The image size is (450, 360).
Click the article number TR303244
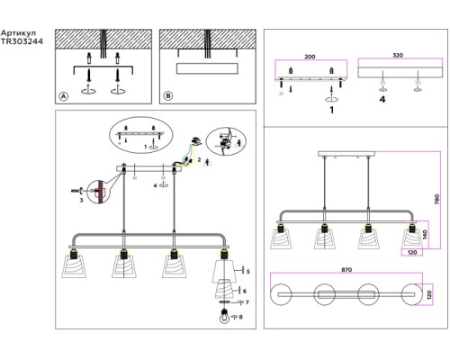[22, 41]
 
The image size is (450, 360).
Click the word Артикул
[19, 33]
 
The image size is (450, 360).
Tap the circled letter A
[63, 96]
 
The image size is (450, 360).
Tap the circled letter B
[168, 96]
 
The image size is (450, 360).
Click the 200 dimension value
[310, 57]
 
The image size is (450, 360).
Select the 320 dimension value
[398, 55]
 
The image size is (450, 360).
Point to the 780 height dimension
[436, 200]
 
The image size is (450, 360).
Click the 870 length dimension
[346, 270]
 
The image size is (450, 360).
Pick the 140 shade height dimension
[425, 235]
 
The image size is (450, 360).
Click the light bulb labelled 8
[224, 317]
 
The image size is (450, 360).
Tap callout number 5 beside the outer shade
[248, 272]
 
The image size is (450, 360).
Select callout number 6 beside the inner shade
[245, 291]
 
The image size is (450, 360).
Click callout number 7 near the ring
[247, 302]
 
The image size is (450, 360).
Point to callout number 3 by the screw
[81, 200]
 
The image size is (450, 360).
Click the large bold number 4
[382, 99]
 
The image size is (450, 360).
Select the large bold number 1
[331, 110]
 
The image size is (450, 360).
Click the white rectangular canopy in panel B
[207, 68]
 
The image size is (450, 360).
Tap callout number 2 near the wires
[199, 160]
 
